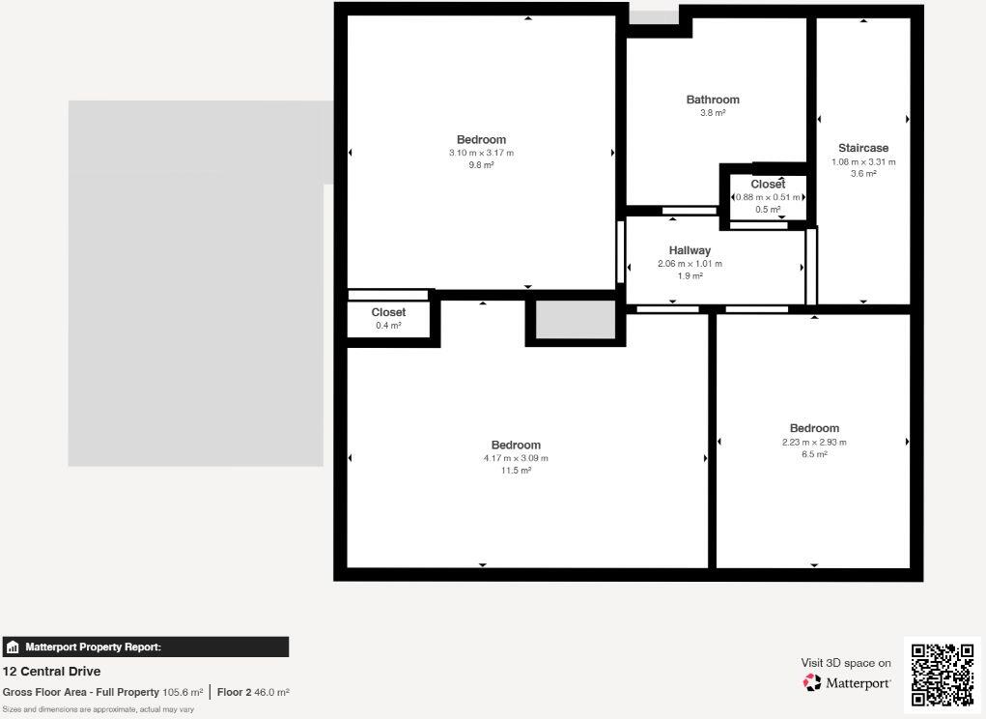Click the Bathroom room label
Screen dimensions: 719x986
click(713, 100)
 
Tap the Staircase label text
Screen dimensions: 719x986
click(863, 149)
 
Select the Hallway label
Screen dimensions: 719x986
click(690, 250)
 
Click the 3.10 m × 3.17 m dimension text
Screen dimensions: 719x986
click(481, 153)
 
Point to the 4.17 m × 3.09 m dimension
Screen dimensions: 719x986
click(516, 458)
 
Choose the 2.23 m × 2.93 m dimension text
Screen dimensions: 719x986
click(814, 442)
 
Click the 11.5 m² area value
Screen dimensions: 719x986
click(516, 471)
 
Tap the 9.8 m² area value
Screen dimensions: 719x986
click(481, 165)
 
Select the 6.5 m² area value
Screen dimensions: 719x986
click(814, 454)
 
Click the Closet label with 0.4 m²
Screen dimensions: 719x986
click(388, 313)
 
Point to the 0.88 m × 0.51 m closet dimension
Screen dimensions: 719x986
click(768, 197)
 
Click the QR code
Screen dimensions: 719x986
click(943, 674)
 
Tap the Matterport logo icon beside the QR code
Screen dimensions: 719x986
click(812, 683)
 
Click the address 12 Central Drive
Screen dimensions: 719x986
click(51, 672)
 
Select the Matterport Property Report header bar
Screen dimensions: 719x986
click(145, 647)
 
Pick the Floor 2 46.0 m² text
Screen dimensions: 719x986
click(253, 692)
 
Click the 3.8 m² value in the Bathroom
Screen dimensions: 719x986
click(713, 113)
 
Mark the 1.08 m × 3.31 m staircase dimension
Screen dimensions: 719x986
click(863, 161)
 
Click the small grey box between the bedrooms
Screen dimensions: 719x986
click(576, 320)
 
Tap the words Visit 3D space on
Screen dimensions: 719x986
click(846, 663)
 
